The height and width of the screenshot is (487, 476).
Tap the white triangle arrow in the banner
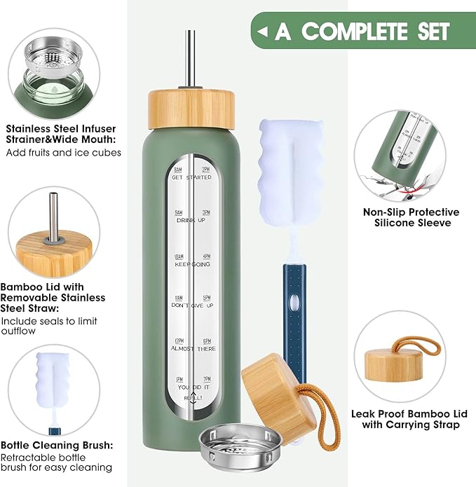(x=262, y=32)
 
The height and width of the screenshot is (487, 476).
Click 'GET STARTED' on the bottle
(x=191, y=178)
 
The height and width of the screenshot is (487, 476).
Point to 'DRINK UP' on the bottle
(x=191, y=221)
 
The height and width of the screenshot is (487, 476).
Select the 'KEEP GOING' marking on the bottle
(x=191, y=264)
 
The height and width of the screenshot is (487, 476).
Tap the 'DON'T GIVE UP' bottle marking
(x=191, y=306)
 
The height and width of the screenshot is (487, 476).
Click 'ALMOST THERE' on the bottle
(x=191, y=348)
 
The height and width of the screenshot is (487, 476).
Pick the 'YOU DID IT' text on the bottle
(x=191, y=387)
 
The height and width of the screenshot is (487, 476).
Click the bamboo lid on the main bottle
(x=190, y=108)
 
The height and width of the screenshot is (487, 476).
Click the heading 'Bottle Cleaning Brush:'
(x=57, y=446)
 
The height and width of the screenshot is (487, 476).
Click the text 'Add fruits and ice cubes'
(x=64, y=152)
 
